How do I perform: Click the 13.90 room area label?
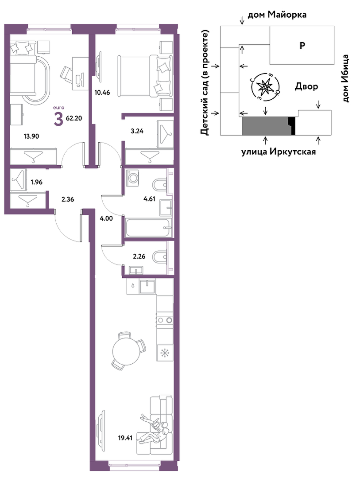[31, 136]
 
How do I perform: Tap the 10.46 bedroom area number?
[102, 93]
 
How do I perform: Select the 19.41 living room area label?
[126, 439]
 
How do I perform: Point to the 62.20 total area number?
[74, 118]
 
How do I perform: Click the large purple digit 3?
[58, 119]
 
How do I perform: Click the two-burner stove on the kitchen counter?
[165, 320]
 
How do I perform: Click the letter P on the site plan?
[302, 46]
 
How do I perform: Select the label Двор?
[306, 86]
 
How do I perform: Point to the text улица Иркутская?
[279, 151]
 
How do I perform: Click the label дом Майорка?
[277, 15]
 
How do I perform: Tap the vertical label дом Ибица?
[345, 78]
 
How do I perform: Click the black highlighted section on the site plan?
[292, 126]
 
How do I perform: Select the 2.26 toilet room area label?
[139, 256]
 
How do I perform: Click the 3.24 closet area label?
[136, 132]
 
